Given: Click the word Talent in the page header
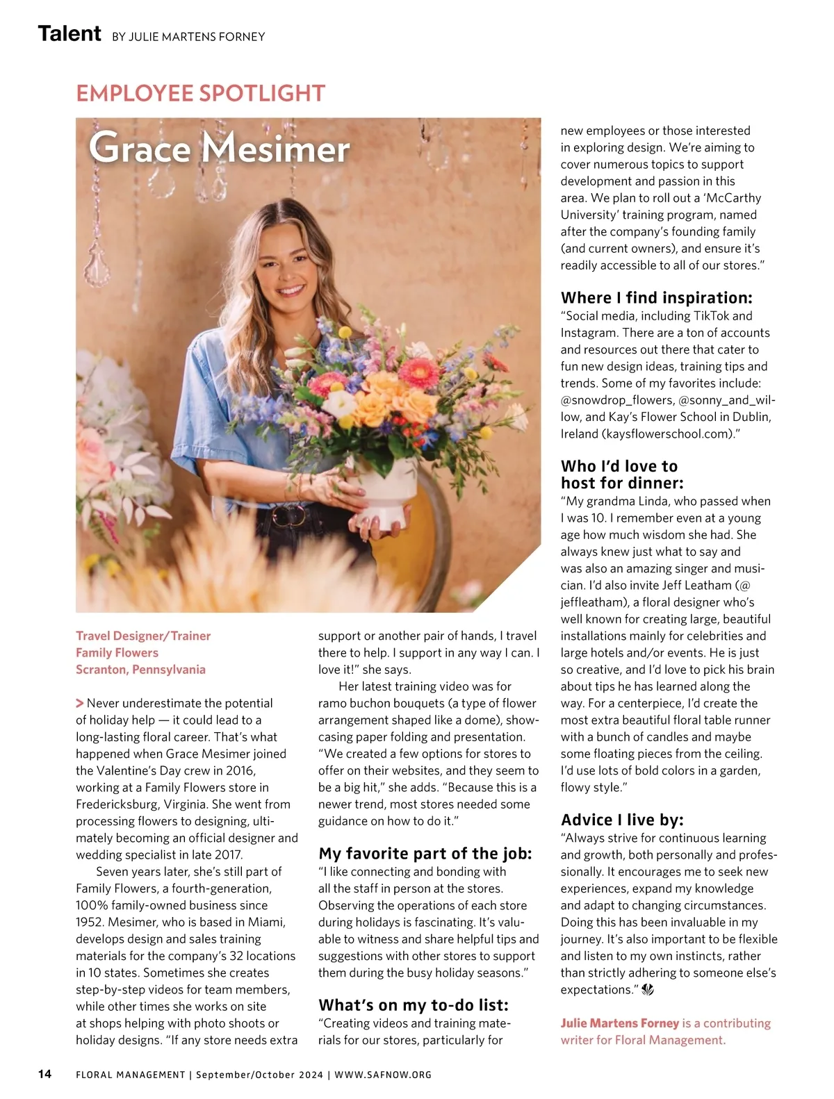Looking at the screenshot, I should click(69, 33).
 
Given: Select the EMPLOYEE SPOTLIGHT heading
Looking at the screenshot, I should click(200, 93).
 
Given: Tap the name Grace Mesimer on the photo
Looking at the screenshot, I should click(219, 148).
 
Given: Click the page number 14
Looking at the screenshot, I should click(44, 1074).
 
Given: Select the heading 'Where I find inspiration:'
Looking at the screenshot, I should click(656, 298).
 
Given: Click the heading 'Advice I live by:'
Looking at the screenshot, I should click(622, 820).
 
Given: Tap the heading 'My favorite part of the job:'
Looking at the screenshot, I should click(425, 853).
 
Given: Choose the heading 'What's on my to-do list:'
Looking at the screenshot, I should click(414, 1005).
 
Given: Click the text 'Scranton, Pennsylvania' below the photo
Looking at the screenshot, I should click(140, 670).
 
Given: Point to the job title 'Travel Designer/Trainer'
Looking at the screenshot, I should click(143, 636).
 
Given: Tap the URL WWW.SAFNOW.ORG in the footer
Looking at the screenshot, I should click(383, 1075).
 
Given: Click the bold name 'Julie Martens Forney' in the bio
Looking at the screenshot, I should click(619, 1023).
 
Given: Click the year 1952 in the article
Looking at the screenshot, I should click(90, 923).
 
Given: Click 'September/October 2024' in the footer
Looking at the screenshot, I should click(259, 1075).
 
